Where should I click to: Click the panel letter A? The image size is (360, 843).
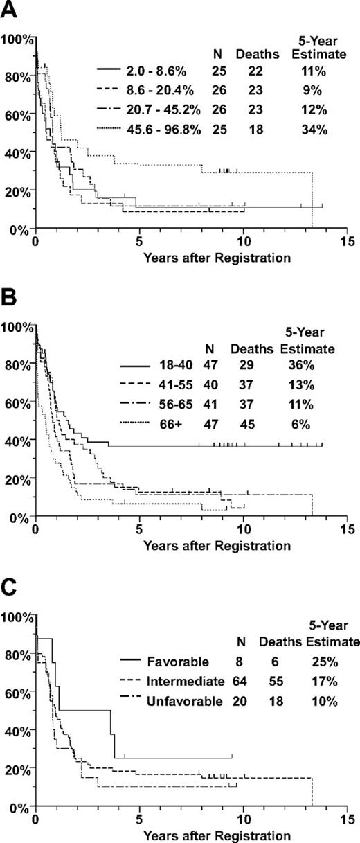click(8, 10)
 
